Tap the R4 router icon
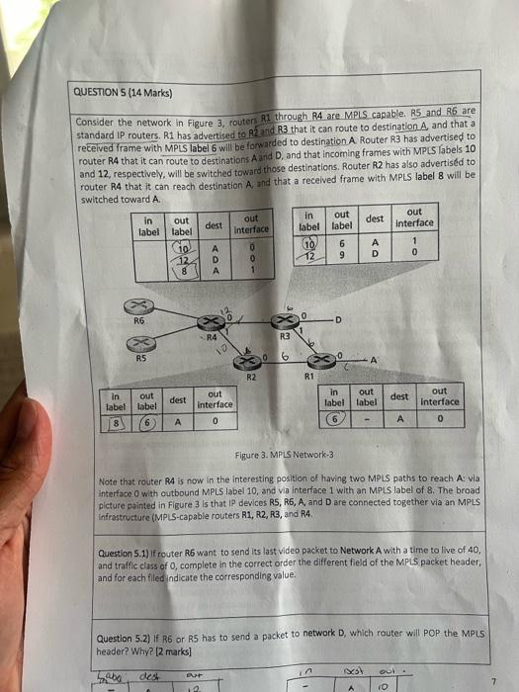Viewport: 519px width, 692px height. point(211,323)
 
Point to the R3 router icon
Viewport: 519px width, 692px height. point(288,324)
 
